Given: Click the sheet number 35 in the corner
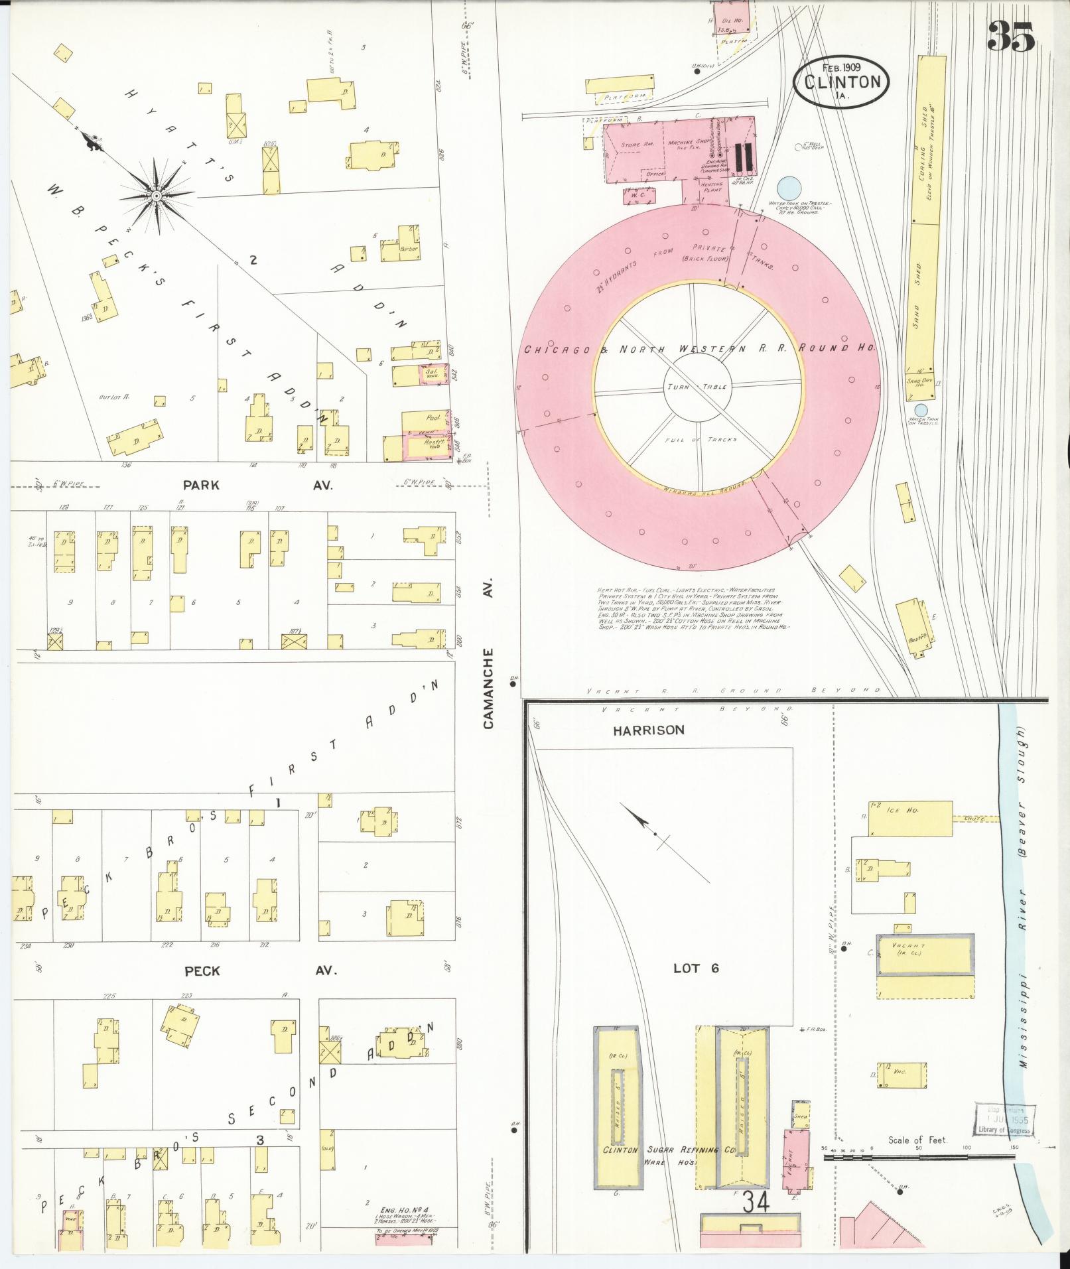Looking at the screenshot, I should pyautogui.click(x=1010, y=36).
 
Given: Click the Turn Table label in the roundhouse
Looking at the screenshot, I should pyautogui.click(x=697, y=386).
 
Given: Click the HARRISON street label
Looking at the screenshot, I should pyautogui.click(x=648, y=730).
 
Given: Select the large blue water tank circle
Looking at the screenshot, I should pyautogui.click(x=787, y=186).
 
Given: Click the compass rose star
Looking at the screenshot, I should pyautogui.click(x=156, y=196).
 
